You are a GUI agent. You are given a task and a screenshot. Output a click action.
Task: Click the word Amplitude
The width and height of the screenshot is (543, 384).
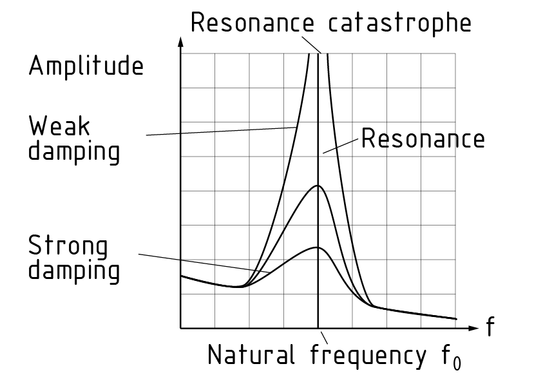pos(86,66)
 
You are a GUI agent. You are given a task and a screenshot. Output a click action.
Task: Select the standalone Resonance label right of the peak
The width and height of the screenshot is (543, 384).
pos(423,139)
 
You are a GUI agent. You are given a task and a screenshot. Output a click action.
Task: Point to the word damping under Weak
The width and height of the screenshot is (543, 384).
pos(74,152)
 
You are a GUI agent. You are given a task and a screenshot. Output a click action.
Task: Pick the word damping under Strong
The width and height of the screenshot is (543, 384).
pos(74,271)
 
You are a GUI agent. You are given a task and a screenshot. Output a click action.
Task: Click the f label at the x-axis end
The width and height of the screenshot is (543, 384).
pos(491,327)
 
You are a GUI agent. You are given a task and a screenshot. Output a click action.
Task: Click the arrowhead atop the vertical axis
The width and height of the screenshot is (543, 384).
pos(181,44)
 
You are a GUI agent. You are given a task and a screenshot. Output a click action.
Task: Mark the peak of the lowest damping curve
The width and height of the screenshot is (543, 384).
pos(318,247)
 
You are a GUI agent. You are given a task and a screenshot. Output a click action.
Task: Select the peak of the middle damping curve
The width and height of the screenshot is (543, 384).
pos(318,186)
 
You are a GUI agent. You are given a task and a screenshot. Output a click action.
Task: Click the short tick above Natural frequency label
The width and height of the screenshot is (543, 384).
pos(324,336)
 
